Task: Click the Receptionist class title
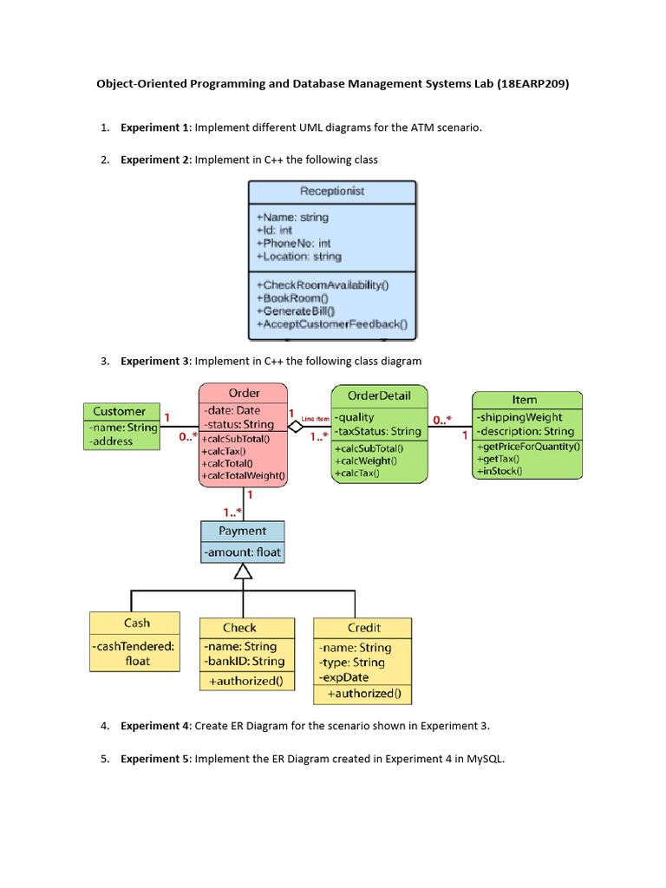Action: click(332, 191)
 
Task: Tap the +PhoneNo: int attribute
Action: click(293, 244)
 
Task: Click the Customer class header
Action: click(120, 411)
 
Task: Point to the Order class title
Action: click(243, 392)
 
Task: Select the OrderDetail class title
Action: click(379, 395)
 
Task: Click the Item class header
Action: click(524, 400)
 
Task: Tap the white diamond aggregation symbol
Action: click(296, 426)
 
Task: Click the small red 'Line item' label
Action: click(316, 419)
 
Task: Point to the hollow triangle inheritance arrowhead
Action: click(243, 571)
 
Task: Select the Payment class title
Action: click(242, 531)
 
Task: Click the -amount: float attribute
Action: click(242, 552)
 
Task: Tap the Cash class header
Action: click(136, 623)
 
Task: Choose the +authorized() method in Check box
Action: click(243, 681)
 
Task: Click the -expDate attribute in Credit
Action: click(343, 677)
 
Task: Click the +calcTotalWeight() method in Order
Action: click(244, 475)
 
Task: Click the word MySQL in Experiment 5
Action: click(485, 759)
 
